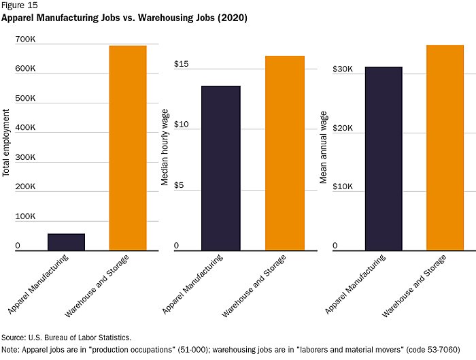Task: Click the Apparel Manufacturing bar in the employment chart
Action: (66, 242)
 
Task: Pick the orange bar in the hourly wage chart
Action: (285, 153)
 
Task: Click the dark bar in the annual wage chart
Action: (383, 159)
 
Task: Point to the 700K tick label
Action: (25, 39)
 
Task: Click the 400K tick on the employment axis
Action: (25, 128)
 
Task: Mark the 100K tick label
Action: (25, 216)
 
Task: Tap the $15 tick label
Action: (181, 65)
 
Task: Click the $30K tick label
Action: (343, 69)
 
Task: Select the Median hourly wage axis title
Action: (165, 148)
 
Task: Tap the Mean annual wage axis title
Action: (324, 147)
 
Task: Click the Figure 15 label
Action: (19, 6)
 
